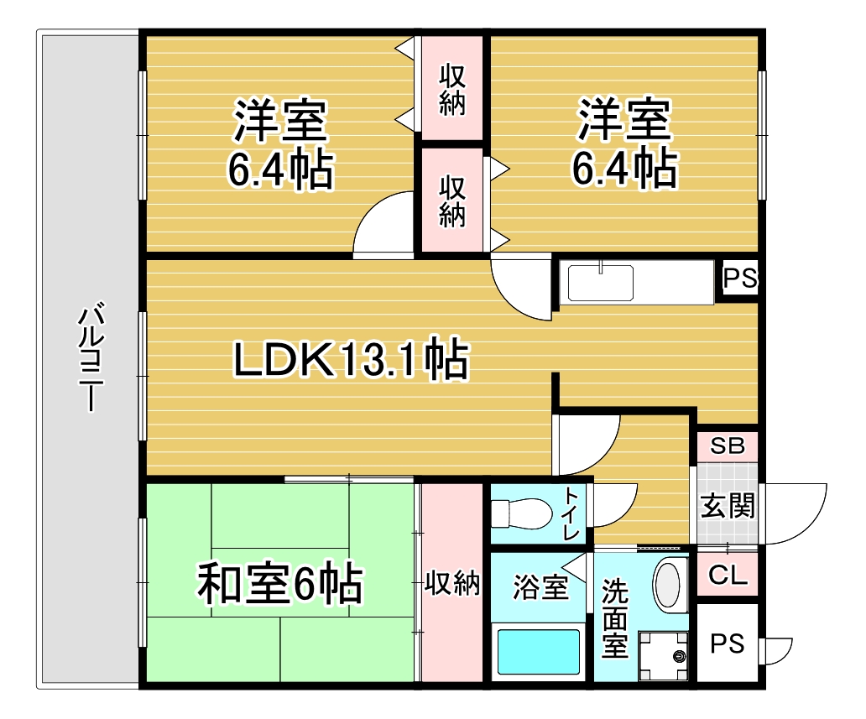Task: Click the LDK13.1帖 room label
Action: pyautogui.click(x=352, y=359)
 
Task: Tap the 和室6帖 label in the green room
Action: pyautogui.click(x=280, y=584)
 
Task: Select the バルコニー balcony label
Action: pyautogui.click(x=90, y=357)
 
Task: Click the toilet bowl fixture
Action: pyautogui.click(x=521, y=513)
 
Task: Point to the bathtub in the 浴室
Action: pyautogui.click(x=539, y=652)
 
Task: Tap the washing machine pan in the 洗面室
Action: pyautogui.click(x=664, y=656)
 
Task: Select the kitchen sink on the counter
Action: pyautogui.click(x=601, y=284)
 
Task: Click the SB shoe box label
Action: pyautogui.click(x=728, y=445)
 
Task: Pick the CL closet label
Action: pyautogui.click(x=728, y=575)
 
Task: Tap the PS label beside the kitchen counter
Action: pyautogui.click(x=740, y=278)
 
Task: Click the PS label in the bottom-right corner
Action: pyautogui.click(x=727, y=643)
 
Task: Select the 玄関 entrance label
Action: pyautogui.click(x=728, y=506)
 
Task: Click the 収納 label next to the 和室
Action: pyautogui.click(x=451, y=583)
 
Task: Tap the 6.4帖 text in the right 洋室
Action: pyautogui.click(x=624, y=168)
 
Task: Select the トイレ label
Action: pyautogui.click(x=571, y=514)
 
